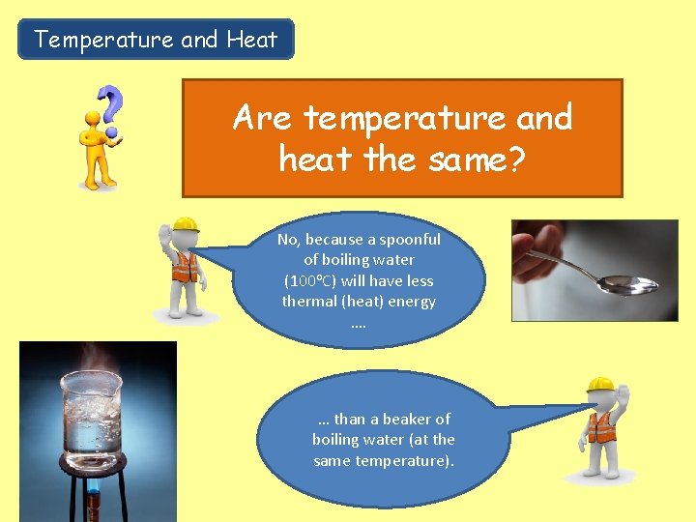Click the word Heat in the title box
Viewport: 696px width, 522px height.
pos(251,40)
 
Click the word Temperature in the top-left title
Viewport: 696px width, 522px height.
pos(104,40)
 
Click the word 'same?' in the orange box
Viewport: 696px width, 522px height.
pos(473,158)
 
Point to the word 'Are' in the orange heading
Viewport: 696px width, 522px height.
pos(261,119)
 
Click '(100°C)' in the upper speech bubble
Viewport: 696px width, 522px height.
pos(309,281)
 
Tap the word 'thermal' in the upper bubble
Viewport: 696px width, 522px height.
pos(312,302)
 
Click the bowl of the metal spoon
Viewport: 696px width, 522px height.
pos(627,284)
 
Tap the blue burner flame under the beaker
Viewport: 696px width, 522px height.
pos(94,503)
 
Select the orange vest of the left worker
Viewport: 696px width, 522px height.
pos(184,267)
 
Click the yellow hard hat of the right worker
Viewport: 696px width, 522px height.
pos(600,384)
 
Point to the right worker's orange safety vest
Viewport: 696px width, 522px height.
pos(601,426)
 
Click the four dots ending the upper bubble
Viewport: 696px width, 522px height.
pos(359,324)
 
